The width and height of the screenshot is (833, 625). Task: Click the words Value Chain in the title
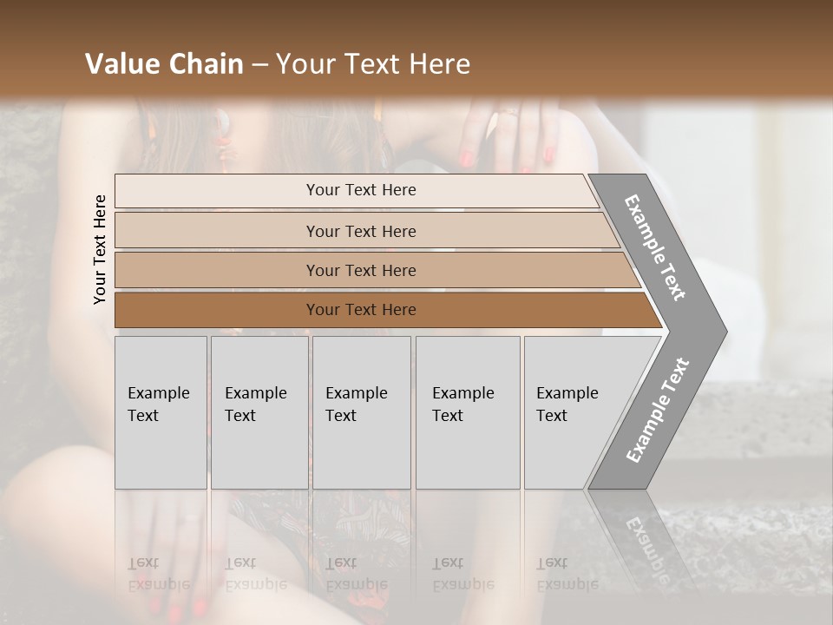[164, 64]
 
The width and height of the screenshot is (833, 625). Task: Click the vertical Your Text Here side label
[100, 249]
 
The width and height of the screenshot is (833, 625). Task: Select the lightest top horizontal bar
[360, 190]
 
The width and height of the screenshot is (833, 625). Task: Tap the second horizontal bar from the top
[360, 231]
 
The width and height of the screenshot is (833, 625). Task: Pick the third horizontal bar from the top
[360, 270]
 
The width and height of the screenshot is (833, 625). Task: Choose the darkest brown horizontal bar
[360, 310]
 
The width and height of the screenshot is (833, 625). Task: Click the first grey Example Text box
[161, 412]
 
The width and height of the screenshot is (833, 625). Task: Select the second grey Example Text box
[259, 412]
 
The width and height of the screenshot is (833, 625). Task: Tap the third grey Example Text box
[360, 412]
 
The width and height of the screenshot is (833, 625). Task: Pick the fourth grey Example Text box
[467, 412]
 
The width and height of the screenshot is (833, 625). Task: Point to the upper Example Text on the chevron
[655, 247]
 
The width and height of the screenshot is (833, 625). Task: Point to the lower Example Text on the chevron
[658, 410]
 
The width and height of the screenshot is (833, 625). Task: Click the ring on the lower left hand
[188, 519]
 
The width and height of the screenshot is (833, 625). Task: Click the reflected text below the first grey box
[158, 574]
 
